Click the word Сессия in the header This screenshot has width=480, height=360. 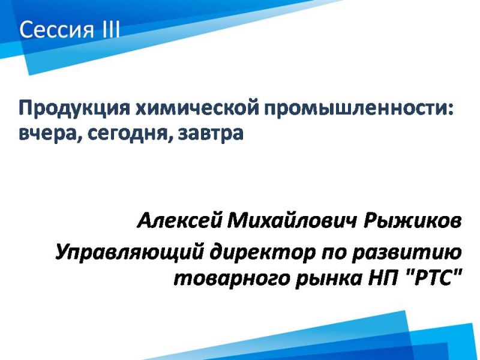56,30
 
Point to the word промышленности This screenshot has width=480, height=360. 355,109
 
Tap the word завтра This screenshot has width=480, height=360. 211,133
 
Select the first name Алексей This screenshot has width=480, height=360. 179,221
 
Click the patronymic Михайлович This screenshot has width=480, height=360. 292,220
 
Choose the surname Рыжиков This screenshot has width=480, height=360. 412,221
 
